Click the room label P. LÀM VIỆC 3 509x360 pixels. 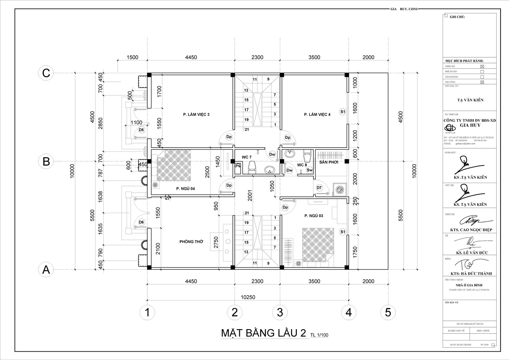click(x=196, y=114)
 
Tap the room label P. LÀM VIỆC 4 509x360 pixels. click(x=317, y=114)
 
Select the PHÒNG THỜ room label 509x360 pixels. click(x=191, y=242)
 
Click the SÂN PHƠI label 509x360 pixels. click(x=329, y=162)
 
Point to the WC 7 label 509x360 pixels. click(x=247, y=157)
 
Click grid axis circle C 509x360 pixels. click(x=46, y=73)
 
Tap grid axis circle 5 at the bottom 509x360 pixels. click(x=388, y=312)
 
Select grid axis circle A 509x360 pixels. click(x=46, y=270)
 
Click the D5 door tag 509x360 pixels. click(x=141, y=130)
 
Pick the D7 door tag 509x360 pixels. click(x=319, y=188)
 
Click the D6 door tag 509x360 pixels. click(x=141, y=222)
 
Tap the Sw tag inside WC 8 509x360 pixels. click(x=310, y=170)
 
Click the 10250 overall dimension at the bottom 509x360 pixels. click(x=248, y=297)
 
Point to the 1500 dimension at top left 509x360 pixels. click(x=132, y=57)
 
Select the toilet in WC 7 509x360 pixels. click(x=252, y=167)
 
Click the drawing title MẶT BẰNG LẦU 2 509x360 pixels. click(x=264, y=333)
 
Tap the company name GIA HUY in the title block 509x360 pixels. click(x=470, y=125)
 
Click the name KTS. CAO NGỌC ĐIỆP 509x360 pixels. click(x=471, y=230)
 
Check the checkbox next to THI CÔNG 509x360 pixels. click(x=482, y=82)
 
